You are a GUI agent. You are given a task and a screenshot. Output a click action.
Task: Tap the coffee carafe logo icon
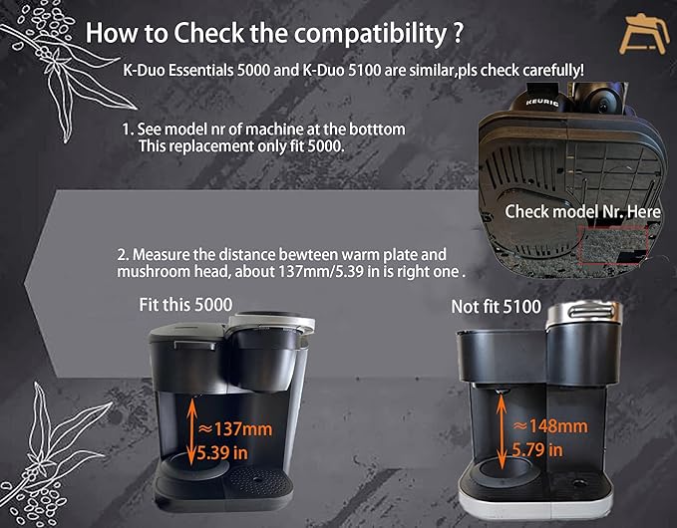point(643,35)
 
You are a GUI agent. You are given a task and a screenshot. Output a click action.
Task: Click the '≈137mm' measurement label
point(235,429)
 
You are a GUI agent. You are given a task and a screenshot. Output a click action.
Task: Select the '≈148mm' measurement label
point(550,426)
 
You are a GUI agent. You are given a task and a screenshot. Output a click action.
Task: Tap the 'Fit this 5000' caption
point(185,305)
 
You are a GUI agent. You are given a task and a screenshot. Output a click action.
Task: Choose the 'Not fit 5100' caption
point(497,307)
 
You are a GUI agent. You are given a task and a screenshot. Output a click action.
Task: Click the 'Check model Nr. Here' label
point(582,212)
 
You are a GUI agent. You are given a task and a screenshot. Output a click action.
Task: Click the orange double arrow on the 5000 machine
point(191,431)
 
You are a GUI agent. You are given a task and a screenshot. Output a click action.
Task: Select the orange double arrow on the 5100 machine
point(502,431)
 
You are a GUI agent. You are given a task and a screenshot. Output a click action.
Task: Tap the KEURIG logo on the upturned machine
point(541,103)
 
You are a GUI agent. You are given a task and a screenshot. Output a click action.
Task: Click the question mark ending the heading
point(458,32)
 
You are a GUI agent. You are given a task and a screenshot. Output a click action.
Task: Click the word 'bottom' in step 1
point(377,129)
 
